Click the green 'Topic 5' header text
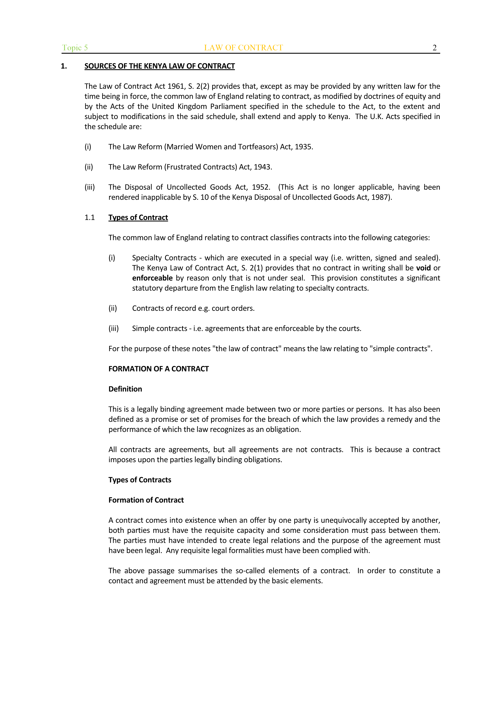point(75,48)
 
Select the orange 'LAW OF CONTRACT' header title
point(243,48)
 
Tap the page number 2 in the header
point(434,48)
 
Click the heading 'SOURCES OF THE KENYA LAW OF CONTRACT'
point(160,66)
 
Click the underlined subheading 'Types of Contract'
point(138,218)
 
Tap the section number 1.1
point(89,218)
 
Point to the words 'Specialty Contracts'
point(164,258)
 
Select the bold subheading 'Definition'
point(125,389)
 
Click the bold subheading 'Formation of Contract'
point(146,500)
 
